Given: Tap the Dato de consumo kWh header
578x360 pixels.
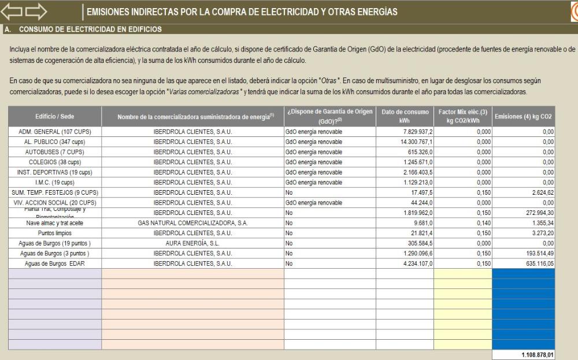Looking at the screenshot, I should click(x=405, y=116).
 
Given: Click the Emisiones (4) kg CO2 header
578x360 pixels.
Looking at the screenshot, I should click(x=523, y=117).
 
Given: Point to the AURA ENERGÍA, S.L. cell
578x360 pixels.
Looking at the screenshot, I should click(x=192, y=243).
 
